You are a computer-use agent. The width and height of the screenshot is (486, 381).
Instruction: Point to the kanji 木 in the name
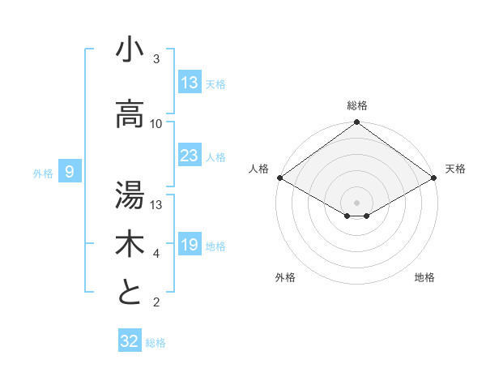pyautogui.click(x=130, y=243)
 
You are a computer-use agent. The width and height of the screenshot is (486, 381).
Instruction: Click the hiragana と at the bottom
pyautogui.click(x=130, y=292)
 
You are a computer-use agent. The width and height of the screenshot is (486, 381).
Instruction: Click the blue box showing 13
pyautogui.click(x=190, y=83)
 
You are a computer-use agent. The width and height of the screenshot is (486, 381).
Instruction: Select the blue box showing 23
pyautogui.click(x=190, y=156)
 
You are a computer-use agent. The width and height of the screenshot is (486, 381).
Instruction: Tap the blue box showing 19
pyautogui.click(x=190, y=246)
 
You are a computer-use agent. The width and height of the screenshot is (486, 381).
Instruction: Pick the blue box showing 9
pyautogui.click(x=70, y=172)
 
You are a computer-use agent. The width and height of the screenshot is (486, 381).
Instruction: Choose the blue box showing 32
pyautogui.click(x=130, y=341)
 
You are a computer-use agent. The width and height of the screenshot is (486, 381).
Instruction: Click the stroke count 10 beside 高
pyautogui.click(x=156, y=124)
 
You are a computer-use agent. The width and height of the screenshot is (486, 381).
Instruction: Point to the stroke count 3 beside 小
pyautogui.click(x=156, y=59)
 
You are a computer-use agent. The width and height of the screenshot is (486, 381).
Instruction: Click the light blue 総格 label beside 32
pyautogui.click(x=156, y=343)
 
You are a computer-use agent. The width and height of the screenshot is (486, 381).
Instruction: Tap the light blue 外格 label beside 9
pyautogui.click(x=43, y=173)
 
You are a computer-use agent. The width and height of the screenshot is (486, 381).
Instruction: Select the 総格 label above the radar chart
pyautogui.click(x=357, y=105)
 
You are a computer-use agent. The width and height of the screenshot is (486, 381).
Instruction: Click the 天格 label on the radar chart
pyautogui.click(x=455, y=169)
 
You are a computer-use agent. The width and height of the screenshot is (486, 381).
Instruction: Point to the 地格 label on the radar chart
pyautogui.click(x=424, y=277)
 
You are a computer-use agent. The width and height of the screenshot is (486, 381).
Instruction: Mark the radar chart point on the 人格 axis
pyautogui.click(x=279, y=178)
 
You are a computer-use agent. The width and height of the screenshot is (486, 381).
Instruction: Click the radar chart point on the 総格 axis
pyautogui.click(x=356, y=122)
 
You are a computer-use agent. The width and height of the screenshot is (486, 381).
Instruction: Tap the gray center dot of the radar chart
pyautogui.click(x=356, y=201)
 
